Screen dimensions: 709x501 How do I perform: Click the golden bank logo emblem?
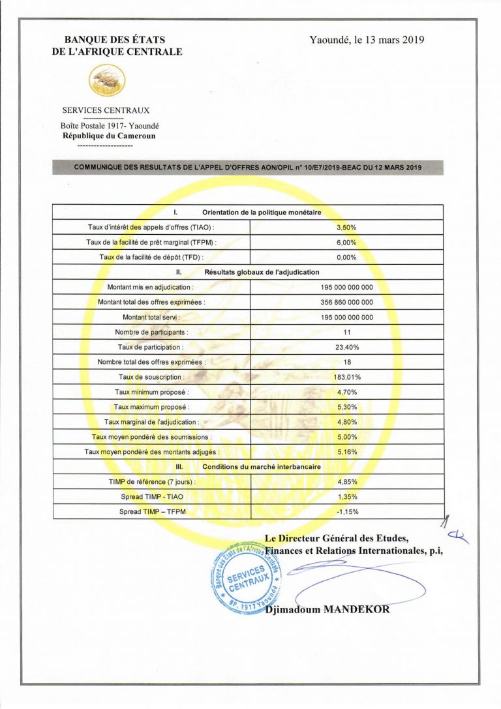coord(107,82)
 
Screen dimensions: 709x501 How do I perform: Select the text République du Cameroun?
coord(109,136)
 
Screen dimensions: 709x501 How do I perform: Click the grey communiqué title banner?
coord(247,168)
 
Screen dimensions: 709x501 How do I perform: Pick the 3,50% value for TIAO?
coord(346,227)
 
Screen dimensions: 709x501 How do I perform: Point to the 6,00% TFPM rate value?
coord(346,242)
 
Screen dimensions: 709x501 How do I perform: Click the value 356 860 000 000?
coord(346,302)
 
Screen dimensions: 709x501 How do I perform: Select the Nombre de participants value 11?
coord(346,332)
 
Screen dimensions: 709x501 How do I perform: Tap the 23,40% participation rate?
coord(346,347)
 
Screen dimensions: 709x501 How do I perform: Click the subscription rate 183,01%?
coord(346,377)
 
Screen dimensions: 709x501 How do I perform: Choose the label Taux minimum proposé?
coord(152,392)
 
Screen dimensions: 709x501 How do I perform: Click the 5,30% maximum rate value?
coord(346,407)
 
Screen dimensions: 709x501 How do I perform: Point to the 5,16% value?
coord(346,452)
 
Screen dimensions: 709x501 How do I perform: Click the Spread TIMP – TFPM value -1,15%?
coord(346,512)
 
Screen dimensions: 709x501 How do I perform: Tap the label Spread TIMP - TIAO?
coord(152,497)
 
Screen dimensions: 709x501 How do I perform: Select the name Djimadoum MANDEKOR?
coord(327,609)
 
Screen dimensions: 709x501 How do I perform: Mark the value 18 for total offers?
coord(346,362)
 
